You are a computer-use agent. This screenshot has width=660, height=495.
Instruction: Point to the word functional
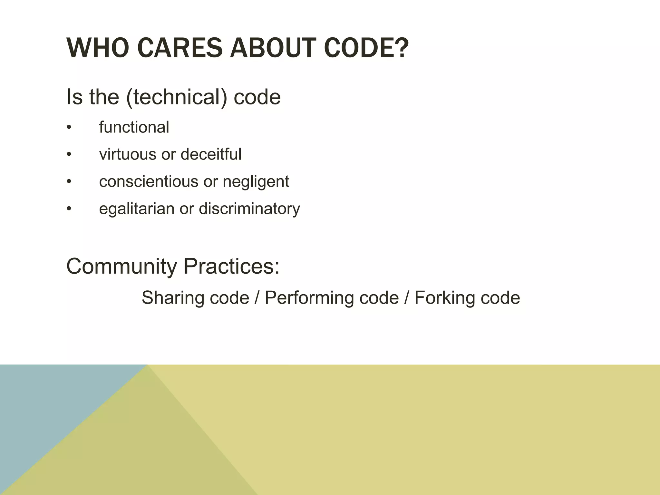coord(134,127)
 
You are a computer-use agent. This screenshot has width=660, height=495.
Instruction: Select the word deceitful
coord(211,154)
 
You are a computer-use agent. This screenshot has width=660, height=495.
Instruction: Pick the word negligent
coord(256,181)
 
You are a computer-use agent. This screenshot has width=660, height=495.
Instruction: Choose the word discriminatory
coord(249,209)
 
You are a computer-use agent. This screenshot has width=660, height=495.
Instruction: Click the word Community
coord(121,266)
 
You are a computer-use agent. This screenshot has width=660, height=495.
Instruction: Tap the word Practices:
coord(231,266)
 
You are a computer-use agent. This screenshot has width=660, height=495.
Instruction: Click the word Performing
coord(310,297)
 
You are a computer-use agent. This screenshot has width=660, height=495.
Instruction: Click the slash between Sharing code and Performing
coord(257,297)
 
